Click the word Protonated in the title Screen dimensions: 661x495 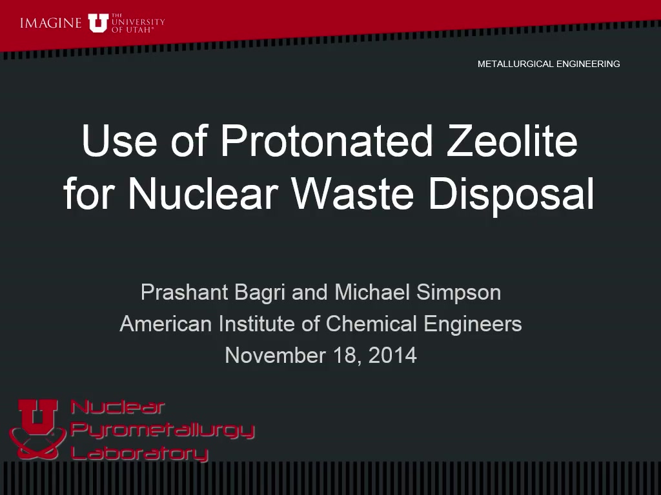327,141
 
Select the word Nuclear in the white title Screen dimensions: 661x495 203,193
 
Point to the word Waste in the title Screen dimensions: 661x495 353,193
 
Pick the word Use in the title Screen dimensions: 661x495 119,141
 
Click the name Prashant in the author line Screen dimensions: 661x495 184,292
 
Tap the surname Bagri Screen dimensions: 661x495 259,293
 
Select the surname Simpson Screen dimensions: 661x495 459,293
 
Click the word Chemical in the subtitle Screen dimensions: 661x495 371,324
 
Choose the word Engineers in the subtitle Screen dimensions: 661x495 473,325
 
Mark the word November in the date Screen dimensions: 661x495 275,355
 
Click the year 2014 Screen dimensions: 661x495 392,355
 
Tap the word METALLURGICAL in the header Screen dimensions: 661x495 514,64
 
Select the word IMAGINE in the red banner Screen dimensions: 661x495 50,23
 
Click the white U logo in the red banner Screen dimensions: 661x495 98,23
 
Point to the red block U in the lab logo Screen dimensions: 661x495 37,417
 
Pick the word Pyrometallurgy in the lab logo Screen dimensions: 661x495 162,430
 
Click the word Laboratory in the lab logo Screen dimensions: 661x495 139,453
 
